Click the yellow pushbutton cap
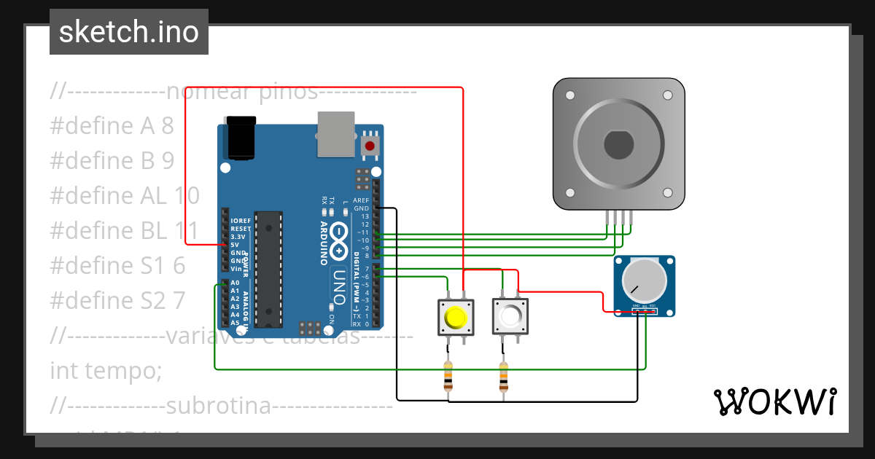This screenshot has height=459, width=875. click(456, 318)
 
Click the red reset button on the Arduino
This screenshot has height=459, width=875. click(370, 146)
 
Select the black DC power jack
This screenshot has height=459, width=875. click(241, 138)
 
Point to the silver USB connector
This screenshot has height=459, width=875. click(336, 134)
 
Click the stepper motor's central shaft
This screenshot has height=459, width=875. click(619, 144)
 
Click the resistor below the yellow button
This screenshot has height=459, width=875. click(448, 377)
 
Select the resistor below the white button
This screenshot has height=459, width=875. click(503, 377)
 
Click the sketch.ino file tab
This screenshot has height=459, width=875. click(129, 32)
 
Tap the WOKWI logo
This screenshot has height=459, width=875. click(774, 401)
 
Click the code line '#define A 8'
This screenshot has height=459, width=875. click(112, 126)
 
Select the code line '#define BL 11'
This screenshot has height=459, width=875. click(124, 231)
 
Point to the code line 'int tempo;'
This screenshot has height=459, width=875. click(106, 370)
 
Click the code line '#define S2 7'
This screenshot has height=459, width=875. click(117, 300)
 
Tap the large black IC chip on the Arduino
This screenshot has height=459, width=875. click(269, 270)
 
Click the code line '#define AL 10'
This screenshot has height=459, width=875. click(125, 196)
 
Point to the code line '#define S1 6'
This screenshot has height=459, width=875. click(117, 266)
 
